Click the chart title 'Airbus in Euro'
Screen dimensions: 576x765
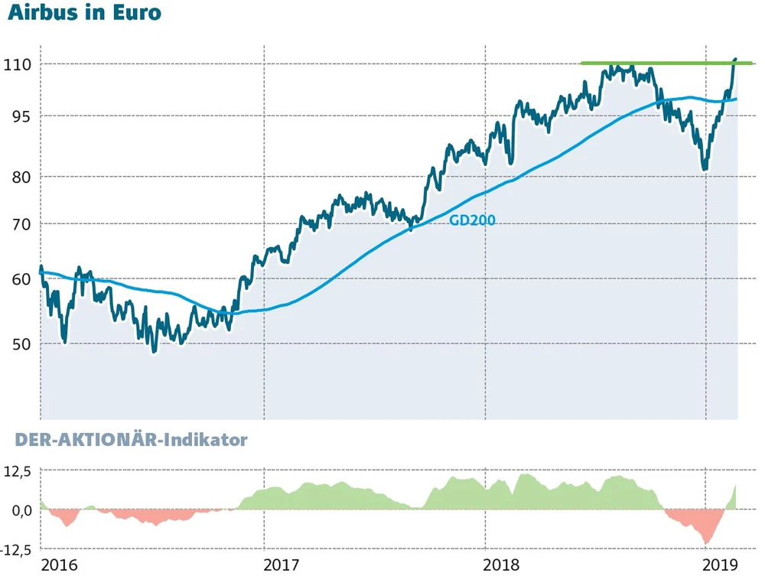click(84, 13)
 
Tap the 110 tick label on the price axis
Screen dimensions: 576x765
click(17, 64)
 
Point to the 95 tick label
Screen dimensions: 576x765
click(18, 116)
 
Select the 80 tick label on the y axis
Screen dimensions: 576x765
click(18, 177)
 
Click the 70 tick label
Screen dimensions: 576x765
click(18, 224)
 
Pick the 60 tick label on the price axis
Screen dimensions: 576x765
click(18, 278)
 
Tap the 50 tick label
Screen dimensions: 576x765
click(18, 343)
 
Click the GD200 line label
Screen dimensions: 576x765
click(472, 220)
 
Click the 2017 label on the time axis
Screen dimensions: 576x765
click(281, 565)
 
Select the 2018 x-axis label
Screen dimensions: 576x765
click(503, 565)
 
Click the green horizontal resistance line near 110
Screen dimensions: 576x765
click(666, 63)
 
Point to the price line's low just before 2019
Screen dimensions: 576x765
click(704, 169)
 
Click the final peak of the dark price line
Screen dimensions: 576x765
click(735, 58)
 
